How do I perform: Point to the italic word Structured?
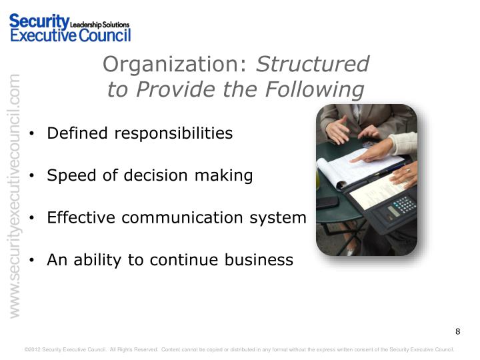click(x=313, y=64)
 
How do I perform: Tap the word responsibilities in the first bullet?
click(x=174, y=133)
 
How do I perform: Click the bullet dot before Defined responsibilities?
click(x=33, y=134)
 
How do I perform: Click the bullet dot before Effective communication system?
click(x=33, y=219)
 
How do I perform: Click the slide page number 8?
click(x=457, y=332)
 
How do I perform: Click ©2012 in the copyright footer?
click(x=32, y=349)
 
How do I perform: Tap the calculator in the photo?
click(x=401, y=208)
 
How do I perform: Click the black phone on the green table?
click(x=327, y=203)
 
